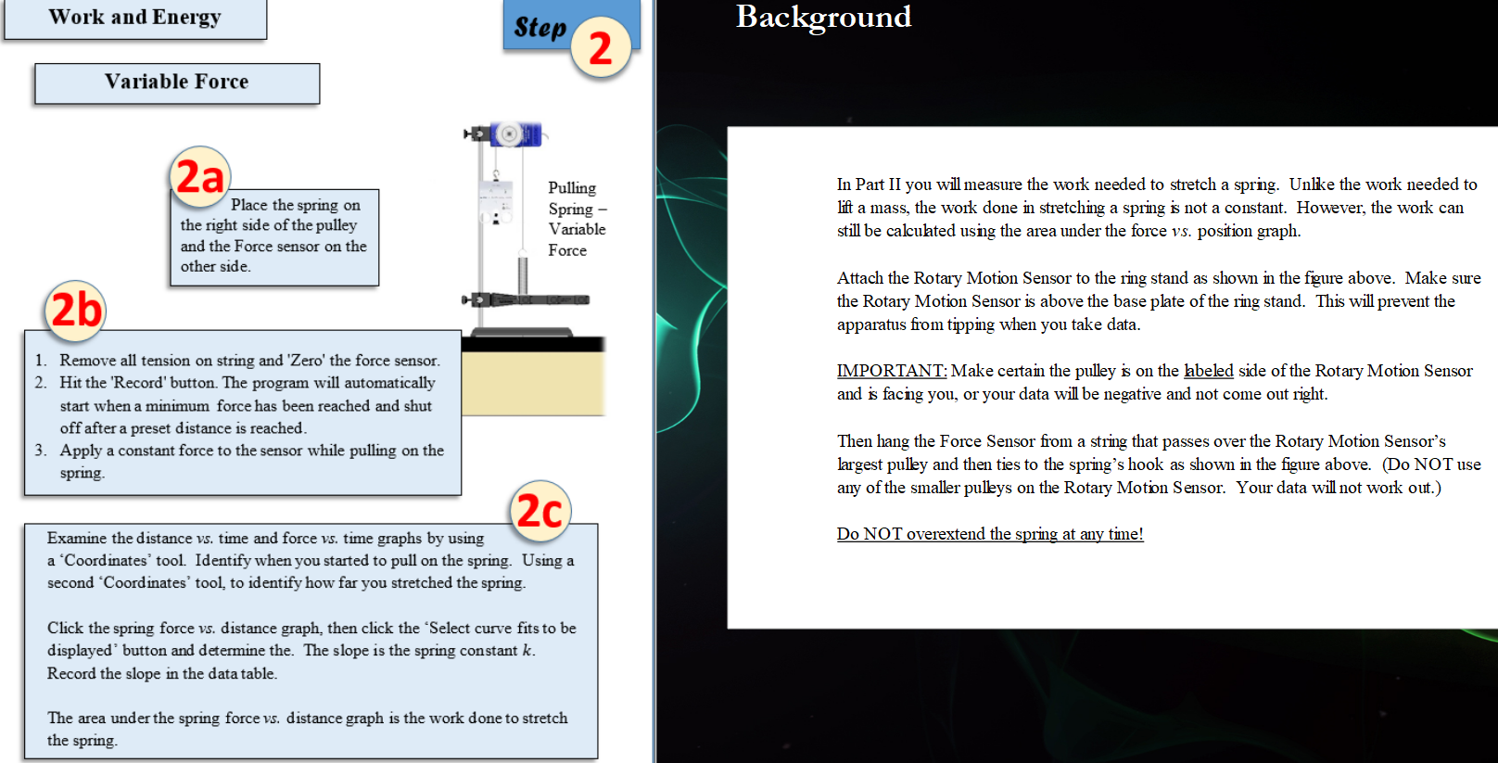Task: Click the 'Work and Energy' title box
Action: pyautogui.click(x=134, y=18)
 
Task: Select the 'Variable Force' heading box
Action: pyautogui.click(x=176, y=83)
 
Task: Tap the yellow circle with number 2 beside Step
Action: pyautogui.click(x=601, y=48)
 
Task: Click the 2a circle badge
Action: pyautogui.click(x=199, y=176)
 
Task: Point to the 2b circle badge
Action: pyautogui.click(x=75, y=310)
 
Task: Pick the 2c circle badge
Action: pyautogui.click(x=540, y=510)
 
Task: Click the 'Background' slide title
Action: pyautogui.click(x=823, y=17)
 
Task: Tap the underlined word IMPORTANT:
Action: pyautogui.click(x=891, y=371)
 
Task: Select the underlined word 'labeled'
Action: pyautogui.click(x=1208, y=371)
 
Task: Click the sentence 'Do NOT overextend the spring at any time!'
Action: pyautogui.click(x=989, y=534)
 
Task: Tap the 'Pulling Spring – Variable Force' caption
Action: pyautogui.click(x=576, y=219)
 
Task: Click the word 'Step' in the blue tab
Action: pyautogui.click(x=540, y=28)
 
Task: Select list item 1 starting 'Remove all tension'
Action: pyautogui.click(x=248, y=361)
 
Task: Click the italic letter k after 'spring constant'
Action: pyautogui.click(x=527, y=651)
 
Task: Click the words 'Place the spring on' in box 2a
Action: pyautogui.click(x=295, y=205)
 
